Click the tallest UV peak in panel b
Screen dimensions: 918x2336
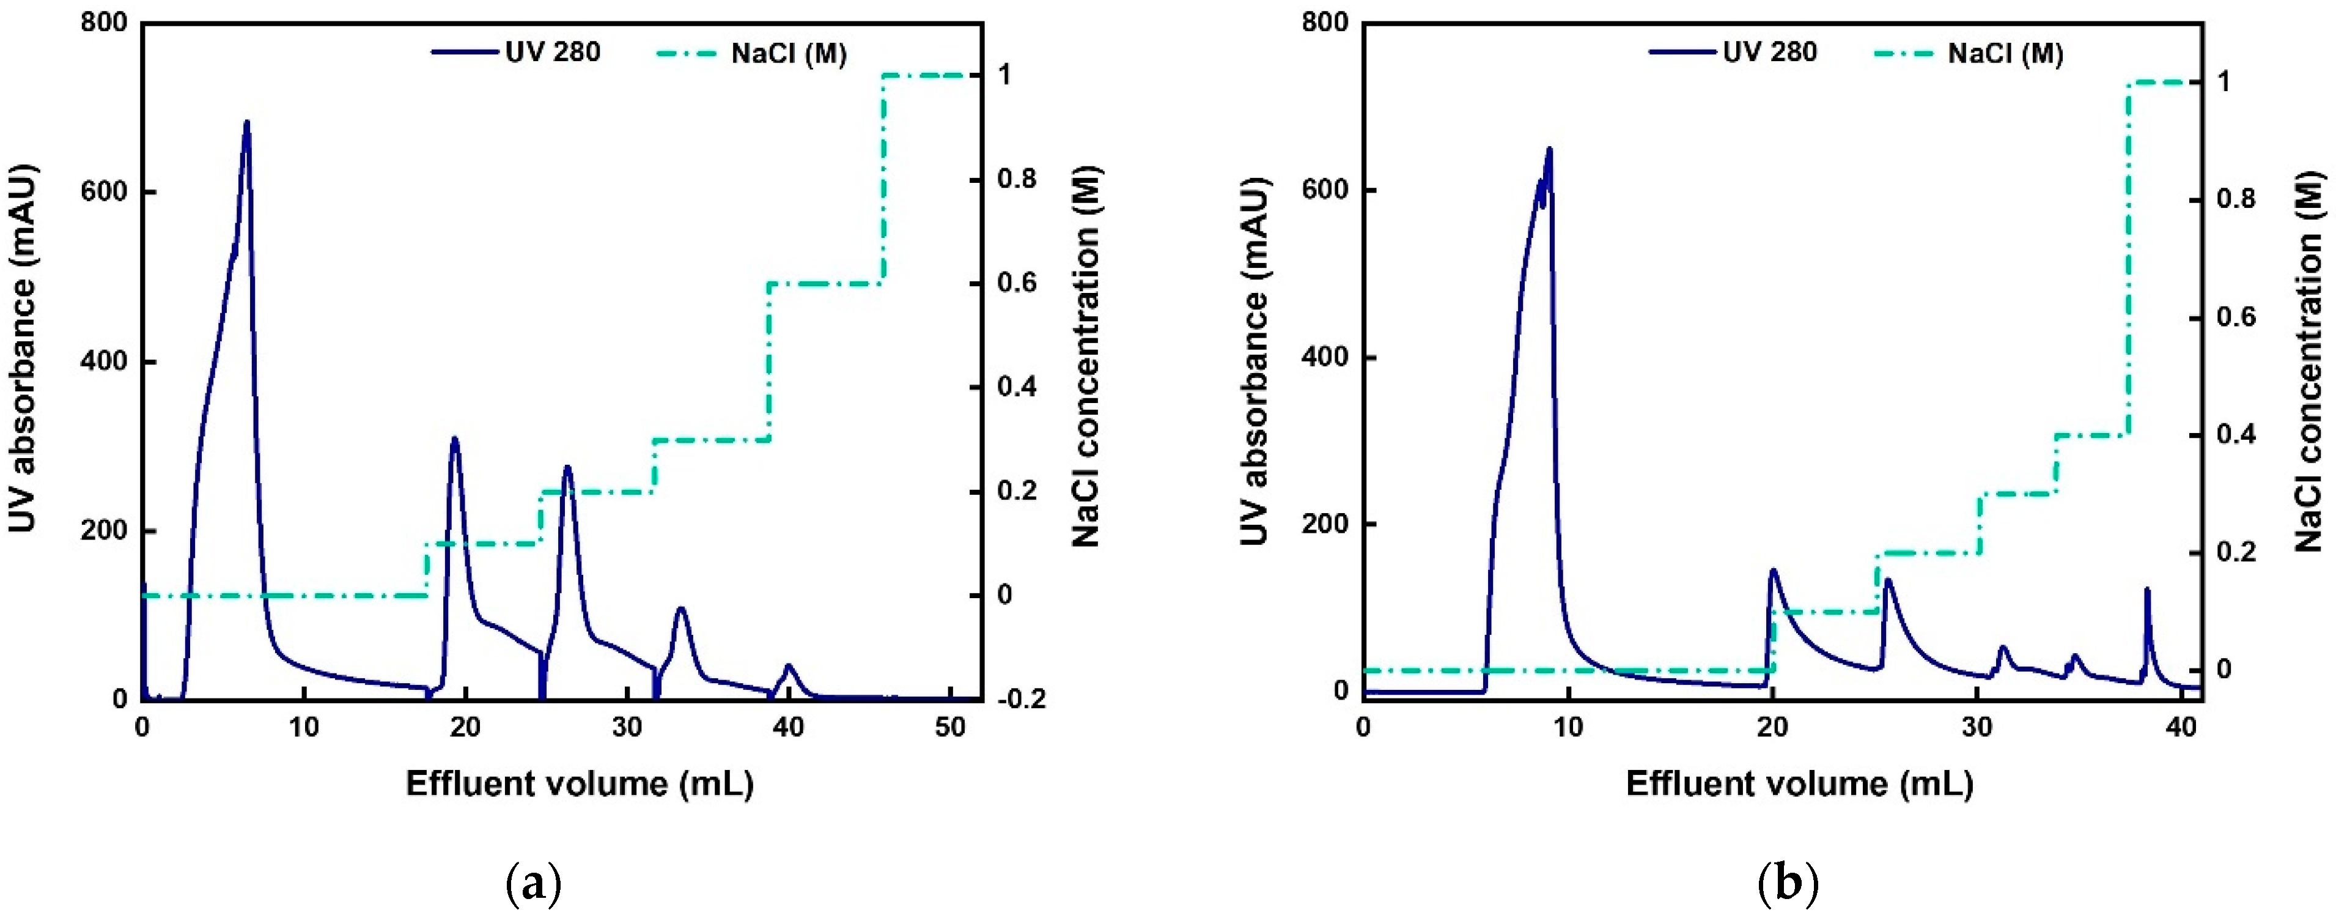[1549, 150]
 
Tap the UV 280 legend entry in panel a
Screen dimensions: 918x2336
[517, 52]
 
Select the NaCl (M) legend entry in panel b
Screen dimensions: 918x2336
[1969, 54]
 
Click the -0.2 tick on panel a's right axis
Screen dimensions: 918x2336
[1021, 700]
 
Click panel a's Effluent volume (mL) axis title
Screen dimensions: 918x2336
[580, 783]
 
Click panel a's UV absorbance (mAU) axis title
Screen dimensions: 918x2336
[22, 349]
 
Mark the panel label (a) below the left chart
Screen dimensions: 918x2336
[532, 884]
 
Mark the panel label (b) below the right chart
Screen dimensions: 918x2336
[1788, 884]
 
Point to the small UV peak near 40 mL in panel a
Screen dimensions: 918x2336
[789, 667]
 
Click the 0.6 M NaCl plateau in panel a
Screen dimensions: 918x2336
[825, 284]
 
